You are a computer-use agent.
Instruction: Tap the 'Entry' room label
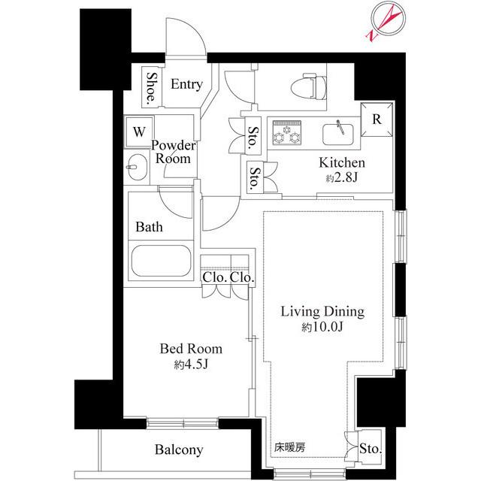(x=186, y=84)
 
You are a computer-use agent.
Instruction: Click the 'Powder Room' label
(x=174, y=152)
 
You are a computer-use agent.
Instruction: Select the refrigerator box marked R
(x=377, y=119)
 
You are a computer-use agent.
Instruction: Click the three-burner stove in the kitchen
(x=286, y=132)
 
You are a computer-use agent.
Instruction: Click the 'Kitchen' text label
(x=342, y=163)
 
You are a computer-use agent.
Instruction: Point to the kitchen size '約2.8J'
(x=342, y=179)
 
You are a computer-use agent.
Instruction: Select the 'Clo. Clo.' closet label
(x=228, y=277)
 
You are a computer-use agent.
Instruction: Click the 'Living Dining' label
(x=322, y=311)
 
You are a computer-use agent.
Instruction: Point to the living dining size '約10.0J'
(x=323, y=327)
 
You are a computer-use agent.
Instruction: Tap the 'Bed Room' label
(x=191, y=349)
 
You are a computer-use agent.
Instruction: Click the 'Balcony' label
(x=179, y=450)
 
